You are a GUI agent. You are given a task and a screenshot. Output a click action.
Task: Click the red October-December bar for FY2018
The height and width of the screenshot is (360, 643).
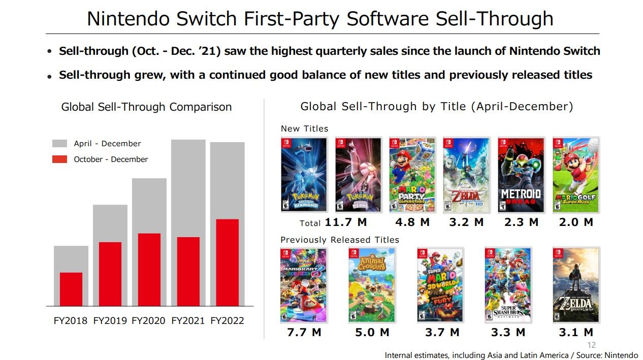[x=71, y=289]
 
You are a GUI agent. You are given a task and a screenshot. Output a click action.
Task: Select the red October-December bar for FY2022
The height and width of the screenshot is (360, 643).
[x=227, y=263]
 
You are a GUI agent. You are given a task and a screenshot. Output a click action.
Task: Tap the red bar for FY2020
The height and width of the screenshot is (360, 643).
[x=149, y=270]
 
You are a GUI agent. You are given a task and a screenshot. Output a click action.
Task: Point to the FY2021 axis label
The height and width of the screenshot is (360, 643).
[x=188, y=321]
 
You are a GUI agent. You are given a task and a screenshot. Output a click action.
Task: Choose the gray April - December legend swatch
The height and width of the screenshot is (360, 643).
[x=59, y=144]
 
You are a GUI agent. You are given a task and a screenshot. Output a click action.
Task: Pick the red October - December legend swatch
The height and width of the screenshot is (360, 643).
[x=59, y=159]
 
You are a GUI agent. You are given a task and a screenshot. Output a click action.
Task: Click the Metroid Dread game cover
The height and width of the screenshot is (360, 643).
[x=521, y=175]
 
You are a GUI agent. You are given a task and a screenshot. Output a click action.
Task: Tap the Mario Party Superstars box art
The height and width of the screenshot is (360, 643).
[x=412, y=175]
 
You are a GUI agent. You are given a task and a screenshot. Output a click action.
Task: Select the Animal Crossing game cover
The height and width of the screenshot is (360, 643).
[x=371, y=285]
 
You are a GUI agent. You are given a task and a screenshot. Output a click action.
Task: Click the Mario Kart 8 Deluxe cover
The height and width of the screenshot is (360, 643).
[x=303, y=285]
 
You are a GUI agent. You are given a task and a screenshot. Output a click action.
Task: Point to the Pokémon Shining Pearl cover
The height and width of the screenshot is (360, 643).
[x=358, y=175]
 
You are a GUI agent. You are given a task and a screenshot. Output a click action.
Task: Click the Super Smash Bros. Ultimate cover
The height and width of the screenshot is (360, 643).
[x=508, y=285]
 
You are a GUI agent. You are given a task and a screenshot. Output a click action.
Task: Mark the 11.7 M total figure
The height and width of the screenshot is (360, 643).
[x=345, y=222]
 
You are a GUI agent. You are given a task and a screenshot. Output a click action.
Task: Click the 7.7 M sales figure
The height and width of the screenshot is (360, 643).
[x=304, y=333]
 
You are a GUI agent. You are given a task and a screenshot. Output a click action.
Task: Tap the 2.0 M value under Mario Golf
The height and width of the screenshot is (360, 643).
[x=575, y=222]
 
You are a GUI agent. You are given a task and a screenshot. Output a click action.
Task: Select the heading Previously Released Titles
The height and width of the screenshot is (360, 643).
[x=340, y=240]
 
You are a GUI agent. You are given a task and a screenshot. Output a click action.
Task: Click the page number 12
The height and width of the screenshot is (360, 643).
[x=591, y=345]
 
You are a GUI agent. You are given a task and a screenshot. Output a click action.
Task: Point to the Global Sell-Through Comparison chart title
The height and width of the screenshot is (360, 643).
[x=146, y=107]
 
